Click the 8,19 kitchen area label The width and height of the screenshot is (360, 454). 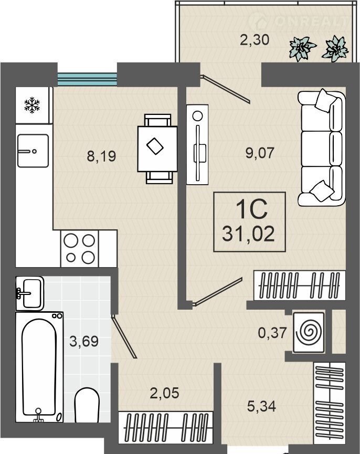(101, 156)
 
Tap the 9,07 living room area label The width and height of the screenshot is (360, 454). (260, 153)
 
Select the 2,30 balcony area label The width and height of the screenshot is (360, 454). (255, 39)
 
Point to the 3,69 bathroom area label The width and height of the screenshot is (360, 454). (84, 341)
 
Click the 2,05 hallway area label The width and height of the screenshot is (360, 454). (164, 393)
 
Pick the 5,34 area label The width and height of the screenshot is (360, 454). (261, 406)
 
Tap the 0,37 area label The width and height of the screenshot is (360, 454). (272, 333)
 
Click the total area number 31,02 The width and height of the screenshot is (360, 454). (248, 234)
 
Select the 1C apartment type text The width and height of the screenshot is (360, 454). (252, 209)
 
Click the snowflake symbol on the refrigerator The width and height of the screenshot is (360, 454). (32, 105)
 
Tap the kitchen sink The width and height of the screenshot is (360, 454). (33, 151)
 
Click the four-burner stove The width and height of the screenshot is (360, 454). (79, 248)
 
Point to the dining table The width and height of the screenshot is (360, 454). (157, 149)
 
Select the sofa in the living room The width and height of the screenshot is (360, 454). (322, 149)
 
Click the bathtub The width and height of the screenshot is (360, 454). (39, 367)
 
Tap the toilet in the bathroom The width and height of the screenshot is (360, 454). (87, 405)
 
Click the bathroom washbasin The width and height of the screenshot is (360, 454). (30, 293)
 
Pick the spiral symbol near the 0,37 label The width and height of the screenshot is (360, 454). (309, 332)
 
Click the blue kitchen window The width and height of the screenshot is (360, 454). (87, 79)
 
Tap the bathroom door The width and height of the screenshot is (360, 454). (123, 336)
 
